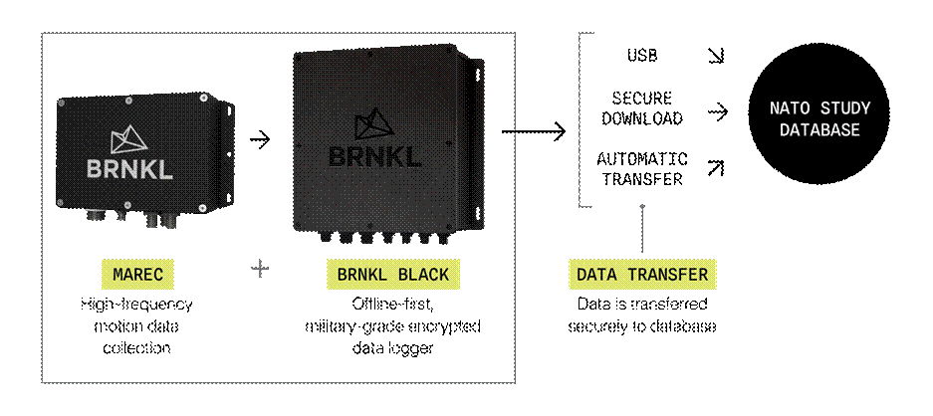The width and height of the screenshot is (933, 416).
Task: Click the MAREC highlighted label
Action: pyautogui.click(x=137, y=275)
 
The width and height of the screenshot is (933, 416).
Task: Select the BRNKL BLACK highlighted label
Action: pyautogui.click(x=393, y=275)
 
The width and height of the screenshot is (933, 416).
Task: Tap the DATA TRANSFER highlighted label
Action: pyautogui.click(x=642, y=275)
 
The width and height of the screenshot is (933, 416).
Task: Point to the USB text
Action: pyautogui.click(x=642, y=56)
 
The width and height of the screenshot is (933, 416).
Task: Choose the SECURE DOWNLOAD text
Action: pyautogui.click(x=642, y=108)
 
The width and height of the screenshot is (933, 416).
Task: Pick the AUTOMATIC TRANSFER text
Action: pyautogui.click(x=642, y=169)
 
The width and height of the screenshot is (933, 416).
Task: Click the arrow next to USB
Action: pyautogui.click(x=715, y=56)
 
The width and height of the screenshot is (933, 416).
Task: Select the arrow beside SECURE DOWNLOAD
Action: pyautogui.click(x=718, y=111)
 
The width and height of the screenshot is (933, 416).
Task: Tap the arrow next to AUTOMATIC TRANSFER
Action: pyautogui.click(x=715, y=169)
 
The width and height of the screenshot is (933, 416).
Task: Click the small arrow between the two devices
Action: pyautogui.click(x=260, y=140)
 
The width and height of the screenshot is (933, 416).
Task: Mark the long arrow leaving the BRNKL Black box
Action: pyautogui.click(x=534, y=131)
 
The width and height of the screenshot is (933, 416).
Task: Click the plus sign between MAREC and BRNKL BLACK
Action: pyautogui.click(x=260, y=270)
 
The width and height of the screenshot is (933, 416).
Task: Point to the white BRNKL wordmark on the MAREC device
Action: pyautogui.click(x=129, y=169)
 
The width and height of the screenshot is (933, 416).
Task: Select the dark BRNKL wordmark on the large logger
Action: pyautogui.click(x=374, y=156)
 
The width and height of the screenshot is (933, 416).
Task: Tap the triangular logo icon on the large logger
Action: pyautogui.click(x=374, y=124)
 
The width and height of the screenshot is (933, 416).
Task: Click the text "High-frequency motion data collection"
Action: pyautogui.click(x=136, y=326)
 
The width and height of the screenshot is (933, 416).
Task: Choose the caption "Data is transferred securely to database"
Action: pyautogui.click(x=642, y=315)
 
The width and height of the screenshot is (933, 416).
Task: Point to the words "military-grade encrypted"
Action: pyautogui.click(x=392, y=326)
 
